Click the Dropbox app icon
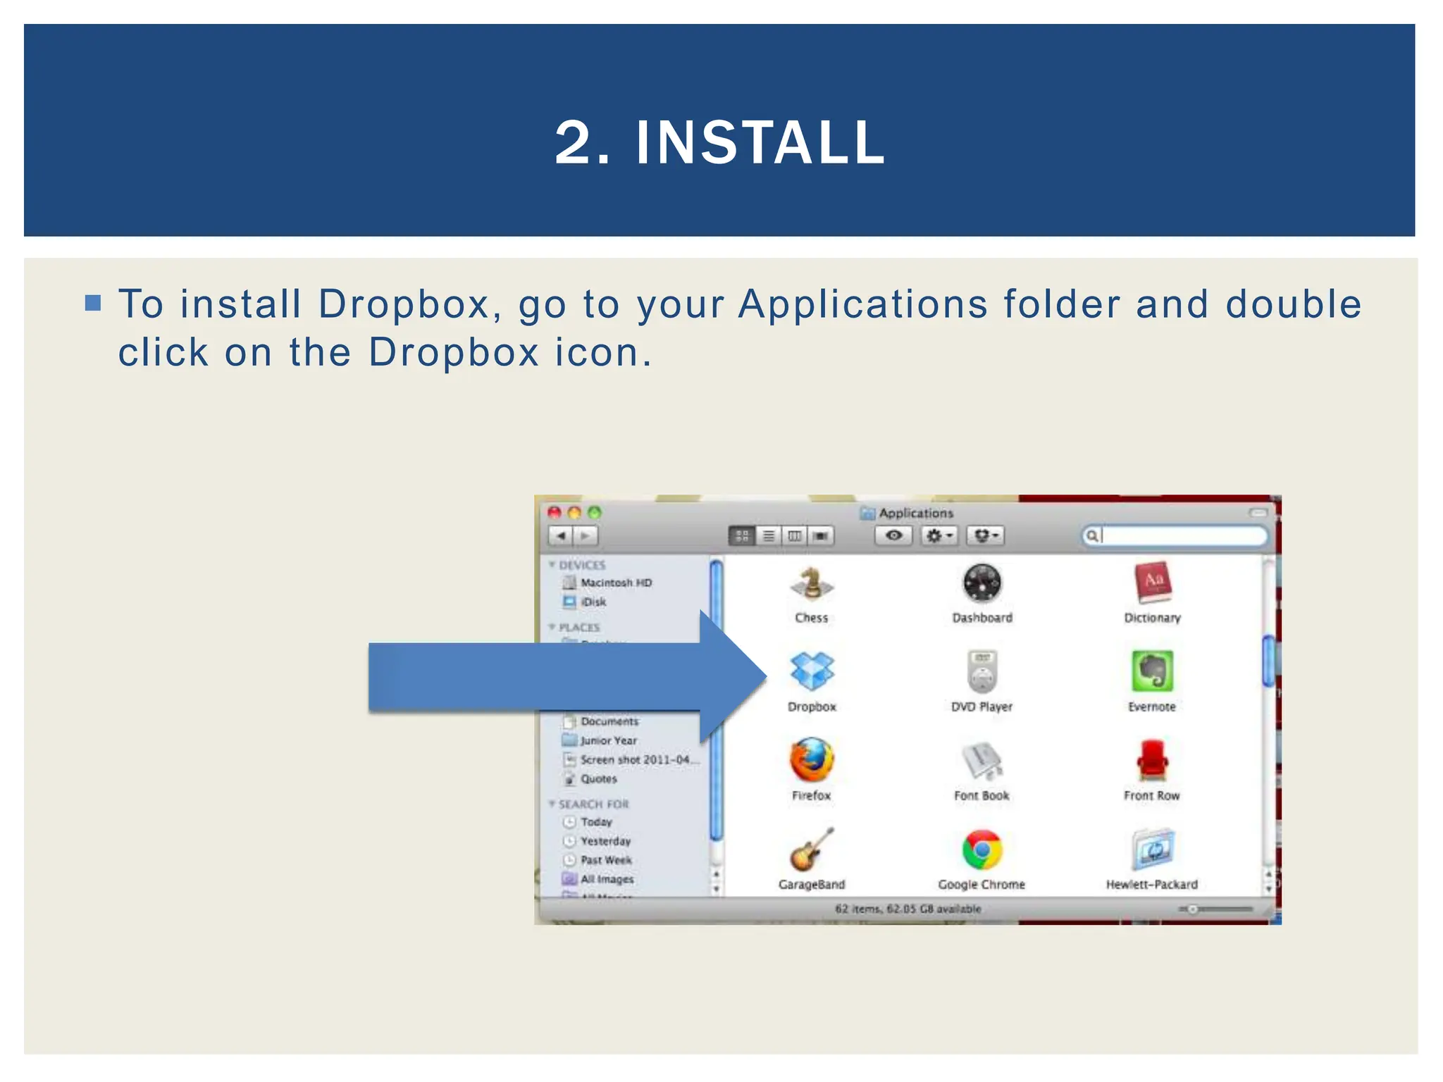point(812,671)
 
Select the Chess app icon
point(812,584)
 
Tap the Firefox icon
point(812,760)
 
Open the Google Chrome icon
point(982,850)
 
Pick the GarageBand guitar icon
point(812,850)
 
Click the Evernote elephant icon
point(1152,671)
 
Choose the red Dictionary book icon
point(1153,583)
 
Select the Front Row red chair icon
point(1152,760)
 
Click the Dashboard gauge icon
point(982,583)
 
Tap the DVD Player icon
point(982,671)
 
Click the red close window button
point(555,513)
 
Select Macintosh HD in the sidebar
point(616,583)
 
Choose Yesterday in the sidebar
point(605,841)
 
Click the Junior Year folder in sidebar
point(608,740)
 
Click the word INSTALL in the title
point(760,143)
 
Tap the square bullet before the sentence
point(93,303)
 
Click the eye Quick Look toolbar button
point(893,536)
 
